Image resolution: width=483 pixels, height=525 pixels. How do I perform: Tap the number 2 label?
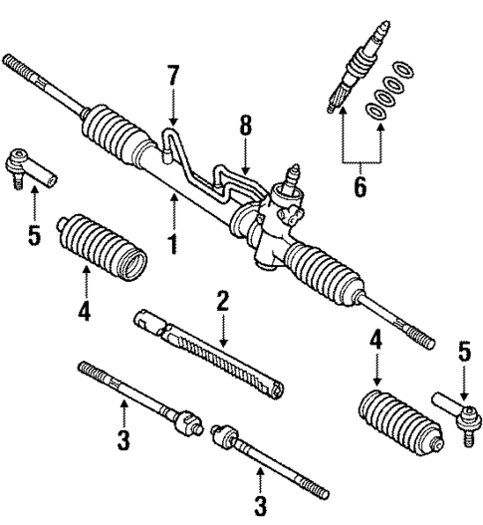[x=224, y=301]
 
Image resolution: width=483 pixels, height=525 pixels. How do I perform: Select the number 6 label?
[x=361, y=184]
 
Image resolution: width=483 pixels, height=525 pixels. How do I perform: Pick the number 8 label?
[x=244, y=128]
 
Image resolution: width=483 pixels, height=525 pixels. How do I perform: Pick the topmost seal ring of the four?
[x=404, y=70]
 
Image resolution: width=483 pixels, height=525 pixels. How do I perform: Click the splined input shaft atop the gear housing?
[x=295, y=177]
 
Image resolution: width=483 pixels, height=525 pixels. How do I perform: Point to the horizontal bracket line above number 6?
[x=361, y=162]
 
